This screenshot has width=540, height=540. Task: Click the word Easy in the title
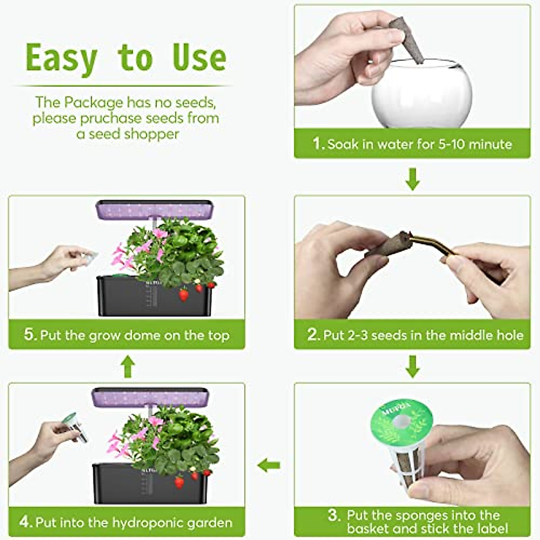click(x=62, y=58)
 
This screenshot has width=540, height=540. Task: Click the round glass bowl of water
click(x=422, y=94)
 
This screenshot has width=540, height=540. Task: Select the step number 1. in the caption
click(x=319, y=144)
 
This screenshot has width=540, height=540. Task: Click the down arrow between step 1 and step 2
click(x=412, y=179)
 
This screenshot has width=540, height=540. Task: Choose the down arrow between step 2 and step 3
click(x=412, y=366)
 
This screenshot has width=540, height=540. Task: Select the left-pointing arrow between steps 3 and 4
click(x=269, y=465)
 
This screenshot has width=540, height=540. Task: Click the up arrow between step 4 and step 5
click(x=128, y=366)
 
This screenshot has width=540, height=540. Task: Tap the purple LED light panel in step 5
click(x=154, y=209)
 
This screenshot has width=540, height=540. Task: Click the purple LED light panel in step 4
click(x=150, y=396)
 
